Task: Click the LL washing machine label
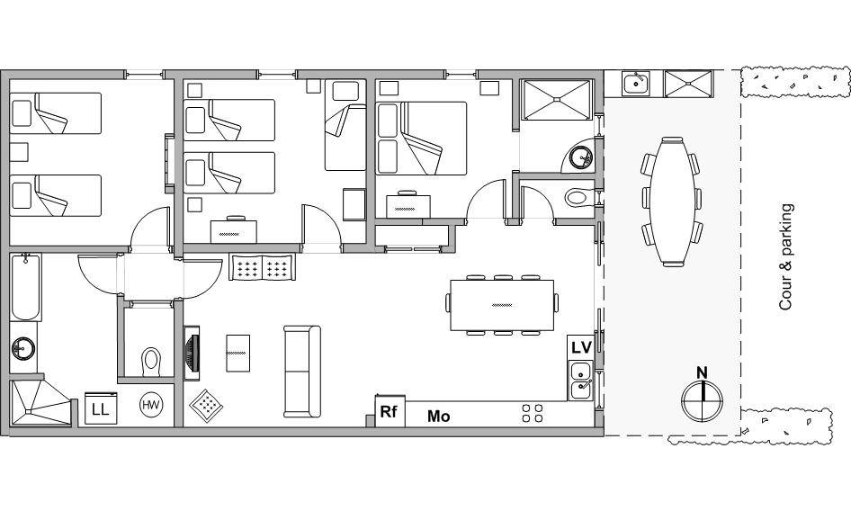click(101, 409)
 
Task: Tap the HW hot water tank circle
click(151, 405)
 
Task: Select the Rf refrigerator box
click(390, 411)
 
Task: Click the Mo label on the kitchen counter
click(438, 417)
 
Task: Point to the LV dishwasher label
click(581, 347)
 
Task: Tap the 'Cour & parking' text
click(786, 257)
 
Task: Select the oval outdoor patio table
click(673, 201)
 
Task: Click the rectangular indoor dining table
click(502, 305)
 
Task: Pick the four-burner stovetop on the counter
click(533, 413)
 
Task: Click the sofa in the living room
click(302, 372)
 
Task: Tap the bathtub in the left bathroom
click(25, 287)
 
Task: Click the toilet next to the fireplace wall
click(151, 361)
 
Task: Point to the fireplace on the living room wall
click(192, 353)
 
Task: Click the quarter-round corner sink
click(579, 157)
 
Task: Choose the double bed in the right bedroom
click(422, 139)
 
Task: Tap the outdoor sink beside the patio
click(635, 84)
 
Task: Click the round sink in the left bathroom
click(22, 348)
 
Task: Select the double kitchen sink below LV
click(581, 380)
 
